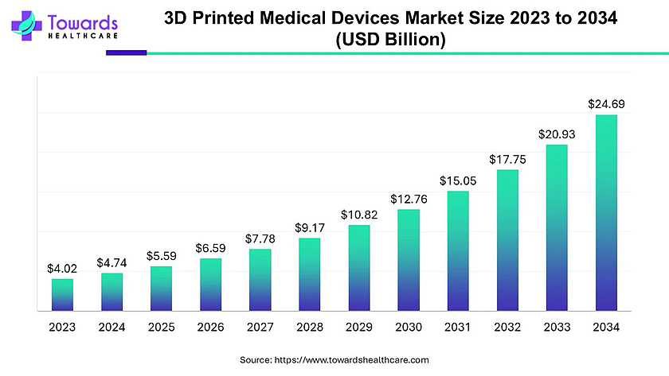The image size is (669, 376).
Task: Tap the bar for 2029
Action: point(359,268)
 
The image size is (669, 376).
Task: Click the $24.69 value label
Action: point(606,103)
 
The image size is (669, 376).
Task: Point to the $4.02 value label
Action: point(62,268)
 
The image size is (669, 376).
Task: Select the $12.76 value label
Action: point(409,198)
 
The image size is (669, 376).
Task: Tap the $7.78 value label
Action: point(260,238)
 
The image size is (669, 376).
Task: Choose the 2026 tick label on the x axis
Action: point(210,327)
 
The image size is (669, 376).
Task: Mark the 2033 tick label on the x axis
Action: point(557,327)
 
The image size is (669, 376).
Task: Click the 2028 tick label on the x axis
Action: point(310,327)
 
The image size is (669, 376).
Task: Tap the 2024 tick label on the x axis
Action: point(111,327)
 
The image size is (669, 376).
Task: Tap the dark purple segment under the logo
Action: point(126,53)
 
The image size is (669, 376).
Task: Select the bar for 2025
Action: point(161,289)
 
